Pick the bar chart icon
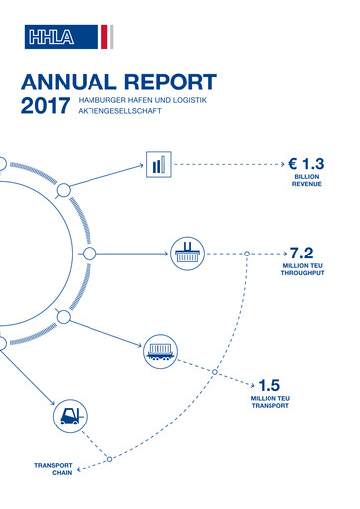tap(159, 164)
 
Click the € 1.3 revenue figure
tap(303, 163)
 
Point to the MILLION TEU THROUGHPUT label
tap(304, 272)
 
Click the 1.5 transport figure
tap(270, 385)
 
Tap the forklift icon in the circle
tap(69, 418)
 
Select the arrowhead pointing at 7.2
tap(282, 254)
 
